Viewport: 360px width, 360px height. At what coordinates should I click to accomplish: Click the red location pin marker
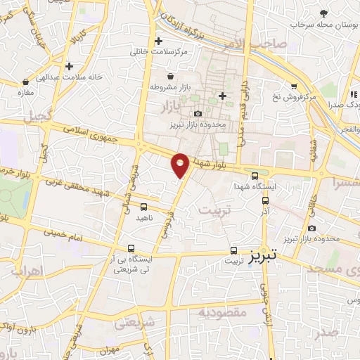181,165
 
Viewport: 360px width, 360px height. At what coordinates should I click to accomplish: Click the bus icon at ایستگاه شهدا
255,176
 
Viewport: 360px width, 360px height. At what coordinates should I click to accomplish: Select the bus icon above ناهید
144,207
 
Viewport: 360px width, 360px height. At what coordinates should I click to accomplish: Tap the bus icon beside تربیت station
235,250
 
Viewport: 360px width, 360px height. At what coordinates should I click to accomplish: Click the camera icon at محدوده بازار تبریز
198,114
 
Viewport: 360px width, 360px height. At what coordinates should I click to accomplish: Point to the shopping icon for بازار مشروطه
170,76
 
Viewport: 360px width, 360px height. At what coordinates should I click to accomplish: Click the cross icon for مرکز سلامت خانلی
159,41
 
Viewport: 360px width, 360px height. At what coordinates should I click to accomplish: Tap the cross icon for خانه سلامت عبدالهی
70,66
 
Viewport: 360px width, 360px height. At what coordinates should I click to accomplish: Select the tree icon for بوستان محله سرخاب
324,14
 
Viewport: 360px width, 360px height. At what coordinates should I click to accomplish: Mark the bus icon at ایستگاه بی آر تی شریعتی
132,248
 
